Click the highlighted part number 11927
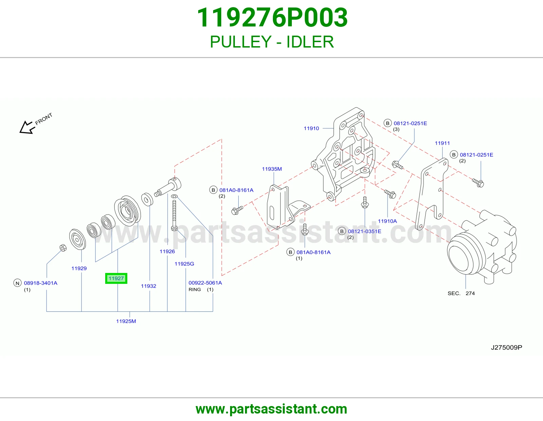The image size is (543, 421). click(x=116, y=278)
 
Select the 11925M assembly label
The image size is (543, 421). click(x=126, y=321)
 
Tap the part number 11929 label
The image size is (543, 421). click(x=79, y=268)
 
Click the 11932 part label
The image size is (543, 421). click(x=148, y=286)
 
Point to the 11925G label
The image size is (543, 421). click(x=184, y=264)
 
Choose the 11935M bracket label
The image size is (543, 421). click(x=271, y=169)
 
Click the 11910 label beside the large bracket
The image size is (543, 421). click(x=311, y=128)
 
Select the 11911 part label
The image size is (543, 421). click(x=442, y=143)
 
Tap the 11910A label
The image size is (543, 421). click(x=387, y=221)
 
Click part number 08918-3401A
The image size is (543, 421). click(x=40, y=283)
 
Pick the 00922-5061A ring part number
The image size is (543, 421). click(x=205, y=283)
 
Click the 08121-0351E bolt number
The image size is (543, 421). click(x=364, y=231)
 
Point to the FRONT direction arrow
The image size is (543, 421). click(x=27, y=128)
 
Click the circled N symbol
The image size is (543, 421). click(x=17, y=283)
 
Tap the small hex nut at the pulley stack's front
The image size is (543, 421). click(x=63, y=248)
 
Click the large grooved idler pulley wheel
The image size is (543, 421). click(x=128, y=211)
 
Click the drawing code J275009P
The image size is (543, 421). click(x=506, y=347)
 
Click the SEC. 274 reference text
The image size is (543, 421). click(x=461, y=293)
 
